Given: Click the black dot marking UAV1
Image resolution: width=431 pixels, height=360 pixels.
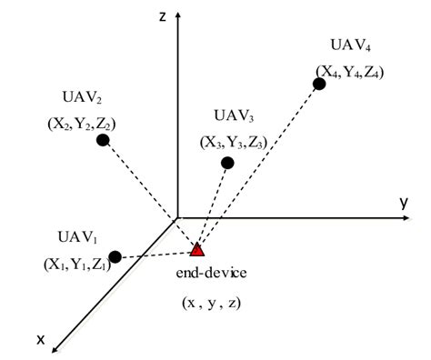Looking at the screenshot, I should [115, 257].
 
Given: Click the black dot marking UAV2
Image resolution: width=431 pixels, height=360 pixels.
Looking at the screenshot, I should [104, 140].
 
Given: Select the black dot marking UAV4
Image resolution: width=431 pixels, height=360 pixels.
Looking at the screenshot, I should [319, 85].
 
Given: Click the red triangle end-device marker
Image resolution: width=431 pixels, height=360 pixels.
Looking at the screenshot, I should [197, 248].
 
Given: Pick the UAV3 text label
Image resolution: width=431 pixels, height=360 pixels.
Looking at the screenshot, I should [235, 115].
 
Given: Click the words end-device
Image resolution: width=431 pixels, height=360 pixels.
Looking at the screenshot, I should [215, 273].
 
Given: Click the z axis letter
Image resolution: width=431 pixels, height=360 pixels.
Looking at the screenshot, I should [160, 16].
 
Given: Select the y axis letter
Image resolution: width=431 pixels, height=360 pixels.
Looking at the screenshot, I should [403, 202].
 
